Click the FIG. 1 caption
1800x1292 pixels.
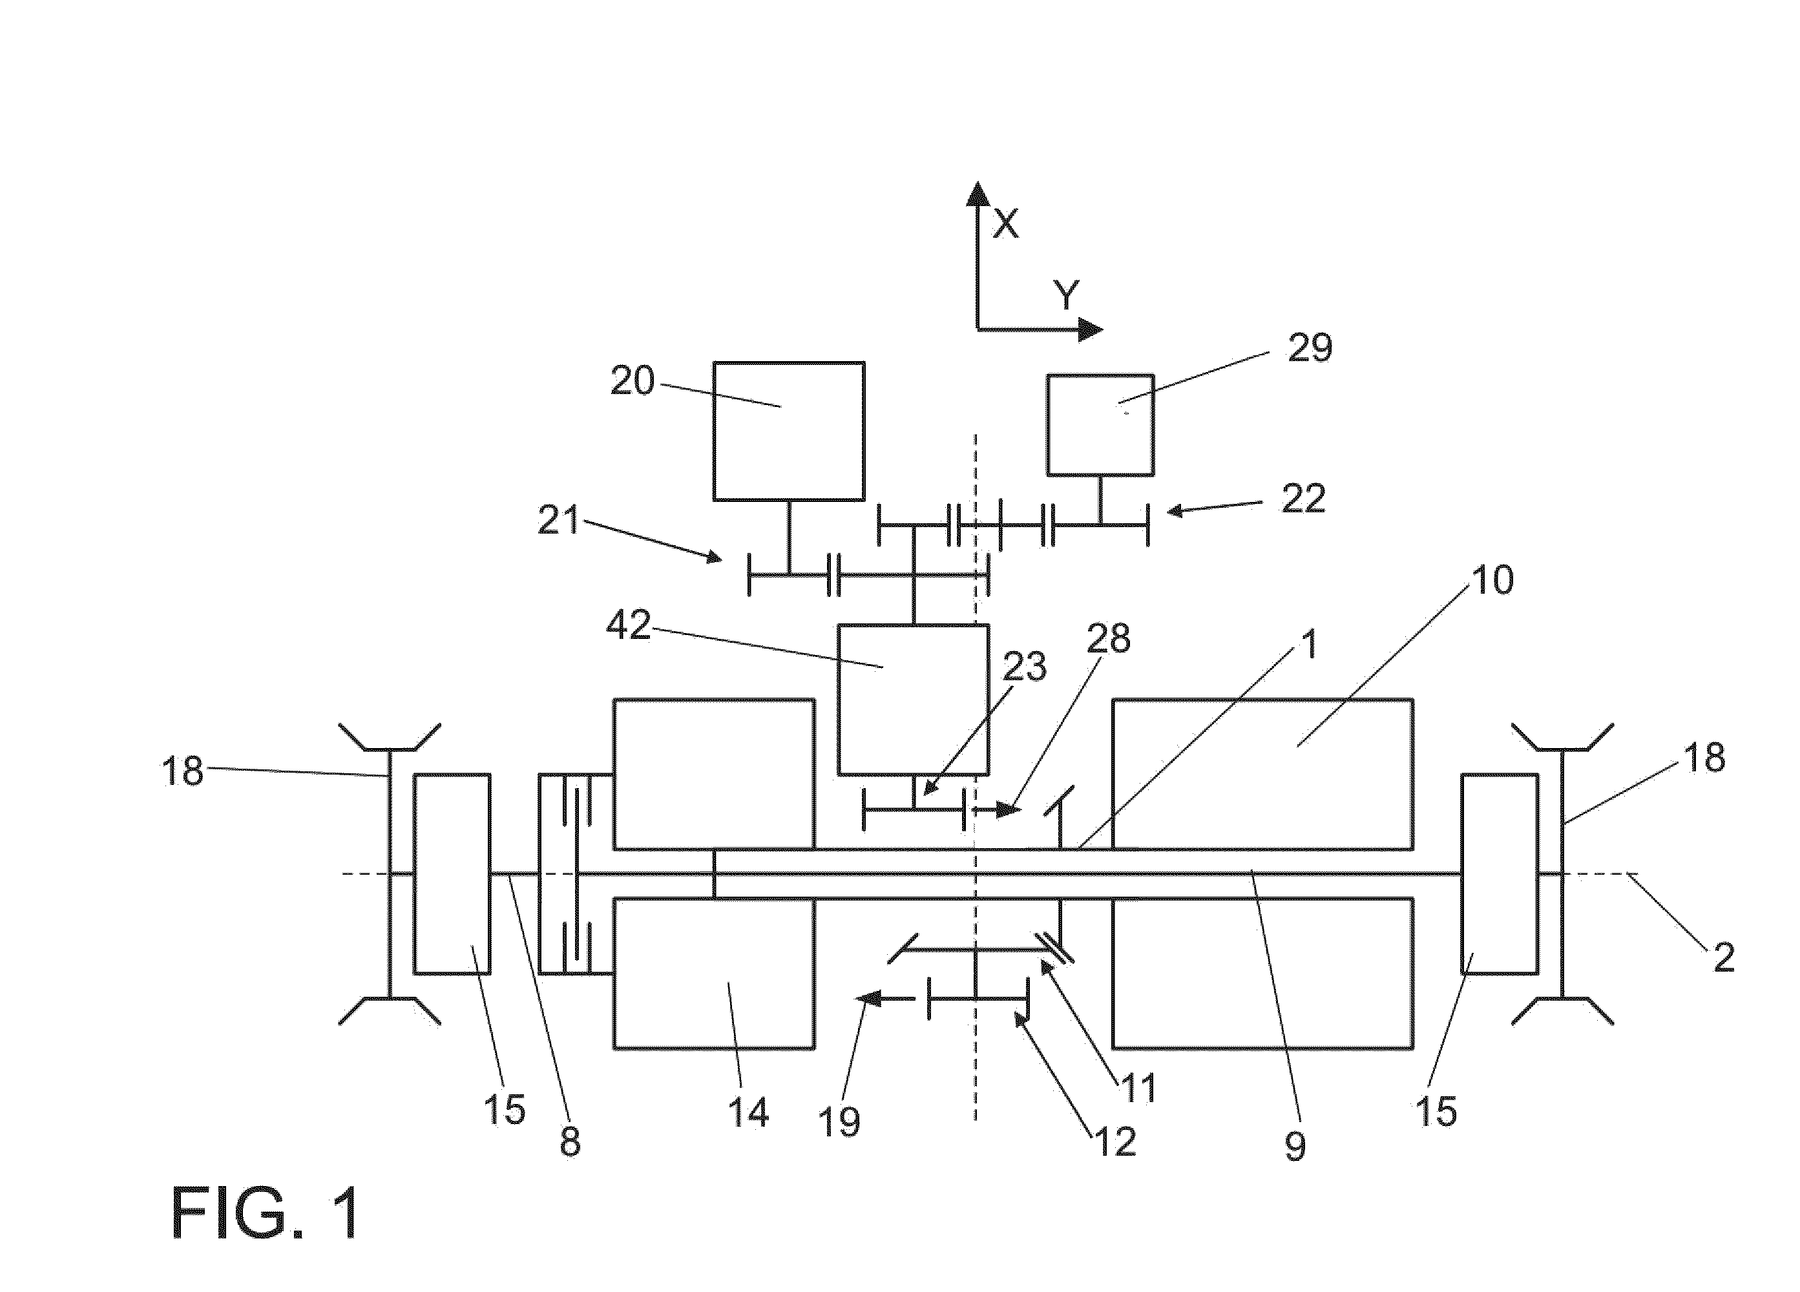pyautogui.click(x=266, y=1213)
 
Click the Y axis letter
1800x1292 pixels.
pyautogui.click(x=1067, y=295)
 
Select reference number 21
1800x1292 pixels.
pyautogui.click(x=559, y=521)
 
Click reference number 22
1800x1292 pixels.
pyautogui.click(x=1303, y=498)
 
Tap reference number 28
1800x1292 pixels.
pyautogui.click(x=1108, y=638)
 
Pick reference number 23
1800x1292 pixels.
pyautogui.click(x=1024, y=667)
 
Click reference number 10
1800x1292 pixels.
pyautogui.click(x=1492, y=580)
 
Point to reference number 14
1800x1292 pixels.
pyautogui.click(x=748, y=1112)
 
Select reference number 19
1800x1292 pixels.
pyautogui.click(x=839, y=1121)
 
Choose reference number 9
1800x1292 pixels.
pyautogui.click(x=1295, y=1146)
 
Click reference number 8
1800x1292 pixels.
pyautogui.click(x=570, y=1142)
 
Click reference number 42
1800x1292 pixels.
pyautogui.click(x=629, y=625)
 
